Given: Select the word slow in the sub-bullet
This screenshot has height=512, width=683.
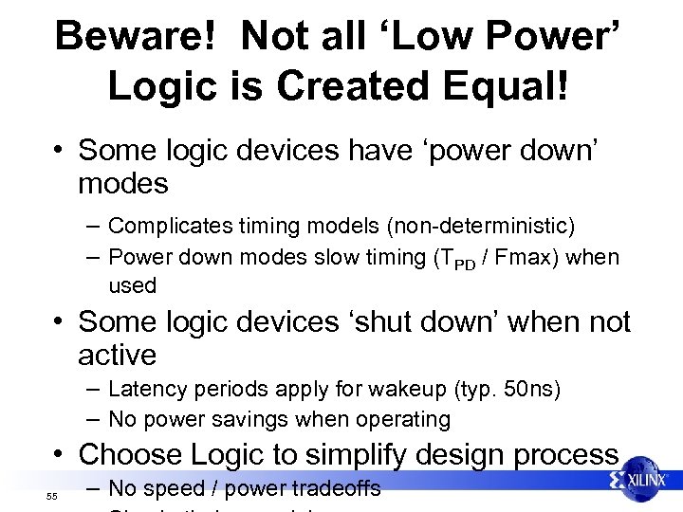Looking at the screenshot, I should [x=353, y=257].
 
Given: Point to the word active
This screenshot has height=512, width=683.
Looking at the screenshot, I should [x=118, y=356].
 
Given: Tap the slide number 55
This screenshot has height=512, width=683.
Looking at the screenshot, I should [x=52, y=497].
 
